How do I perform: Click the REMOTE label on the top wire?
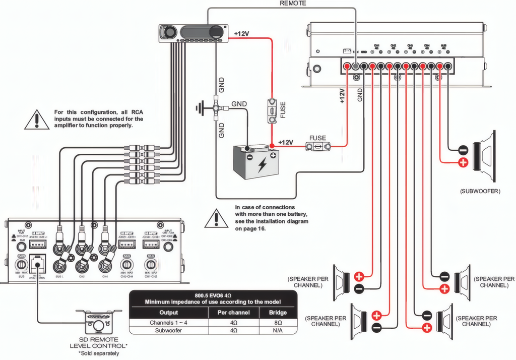tap(293, 3)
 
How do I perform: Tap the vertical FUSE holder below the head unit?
tap(272, 111)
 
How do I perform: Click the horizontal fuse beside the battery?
tap(318, 146)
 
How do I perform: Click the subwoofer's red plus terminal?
tap(463, 162)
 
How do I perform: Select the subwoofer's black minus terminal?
tap(463, 149)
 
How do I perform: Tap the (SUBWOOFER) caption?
tap(480, 192)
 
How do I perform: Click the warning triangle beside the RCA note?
tap(37, 119)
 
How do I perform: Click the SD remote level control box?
tap(98, 321)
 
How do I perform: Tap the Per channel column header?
tap(233, 313)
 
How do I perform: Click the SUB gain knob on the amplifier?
tap(21, 264)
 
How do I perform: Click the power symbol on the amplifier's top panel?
tap(317, 51)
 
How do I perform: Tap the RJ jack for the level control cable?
tap(38, 263)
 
